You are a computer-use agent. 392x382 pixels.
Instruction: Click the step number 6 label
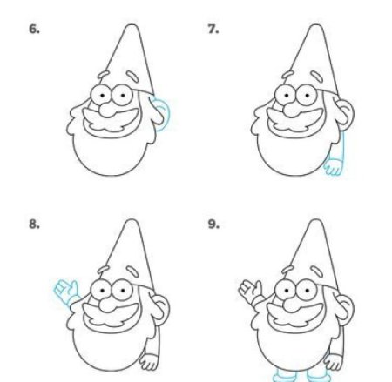(34, 30)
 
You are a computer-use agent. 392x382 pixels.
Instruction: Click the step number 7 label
(213, 30)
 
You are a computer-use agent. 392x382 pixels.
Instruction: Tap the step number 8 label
(34, 224)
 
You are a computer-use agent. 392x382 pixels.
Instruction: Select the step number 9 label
(213, 224)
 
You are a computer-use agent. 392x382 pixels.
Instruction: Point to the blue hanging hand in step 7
(333, 166)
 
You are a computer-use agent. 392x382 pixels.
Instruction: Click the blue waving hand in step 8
(65, 290)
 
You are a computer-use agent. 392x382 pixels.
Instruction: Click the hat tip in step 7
(316, 26)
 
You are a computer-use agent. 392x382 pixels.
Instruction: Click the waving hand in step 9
(250, 290)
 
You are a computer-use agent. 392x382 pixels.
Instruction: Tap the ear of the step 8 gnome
(160, 309)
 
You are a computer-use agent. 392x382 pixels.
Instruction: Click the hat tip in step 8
(132, 221)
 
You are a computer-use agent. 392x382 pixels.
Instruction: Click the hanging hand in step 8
(149, 362)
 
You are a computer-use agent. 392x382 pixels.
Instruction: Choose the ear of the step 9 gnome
(345, 309)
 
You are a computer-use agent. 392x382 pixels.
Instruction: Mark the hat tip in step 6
(132, 26)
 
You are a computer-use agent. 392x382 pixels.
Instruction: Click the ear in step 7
(345, 114)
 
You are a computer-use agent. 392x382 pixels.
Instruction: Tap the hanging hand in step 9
(333, 362)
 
